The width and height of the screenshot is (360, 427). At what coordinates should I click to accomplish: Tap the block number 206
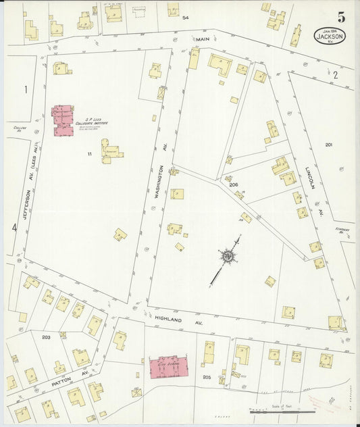233,184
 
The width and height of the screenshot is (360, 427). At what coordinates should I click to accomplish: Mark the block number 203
46,336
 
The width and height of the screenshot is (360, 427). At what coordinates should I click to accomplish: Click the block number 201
328,145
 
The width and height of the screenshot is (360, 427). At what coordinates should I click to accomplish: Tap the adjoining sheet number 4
14,228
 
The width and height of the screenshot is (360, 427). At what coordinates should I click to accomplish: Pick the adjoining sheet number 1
26,89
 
